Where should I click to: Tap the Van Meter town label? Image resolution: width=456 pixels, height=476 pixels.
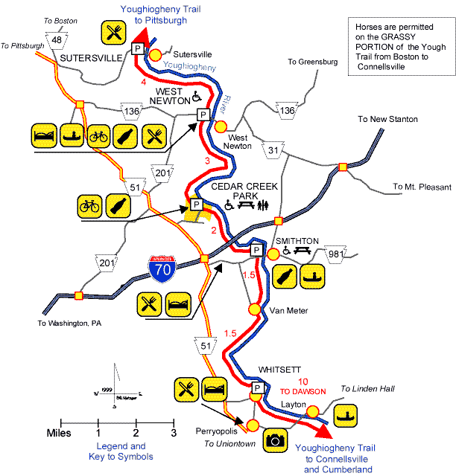[283, 310]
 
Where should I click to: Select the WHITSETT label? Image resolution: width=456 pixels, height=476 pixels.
[279, 369]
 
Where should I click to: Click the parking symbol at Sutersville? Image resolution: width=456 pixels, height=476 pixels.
[137, 48]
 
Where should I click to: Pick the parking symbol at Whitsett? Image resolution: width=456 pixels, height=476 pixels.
[257, 388]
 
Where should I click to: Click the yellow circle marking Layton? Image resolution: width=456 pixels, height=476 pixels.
[313, 410]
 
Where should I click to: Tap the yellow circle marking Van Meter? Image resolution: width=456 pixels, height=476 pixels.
[254, 309]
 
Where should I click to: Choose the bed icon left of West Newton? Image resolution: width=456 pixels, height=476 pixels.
[44, 136]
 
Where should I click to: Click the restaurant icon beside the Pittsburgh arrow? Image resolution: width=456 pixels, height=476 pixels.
[114, 32]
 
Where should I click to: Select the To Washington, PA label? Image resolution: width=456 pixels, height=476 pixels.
[69, 324]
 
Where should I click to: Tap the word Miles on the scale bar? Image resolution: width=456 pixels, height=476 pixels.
[59, 433]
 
